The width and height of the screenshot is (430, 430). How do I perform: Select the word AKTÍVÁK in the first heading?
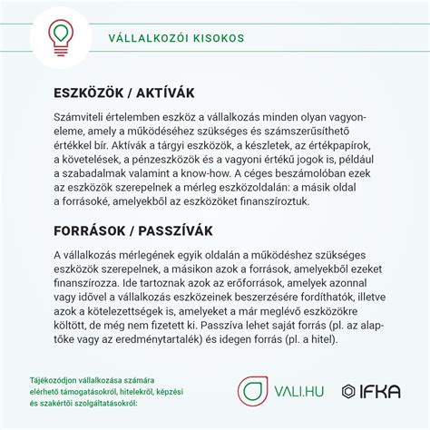point(163,93)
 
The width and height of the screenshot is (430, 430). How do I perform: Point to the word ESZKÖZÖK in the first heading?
point(90,93)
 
